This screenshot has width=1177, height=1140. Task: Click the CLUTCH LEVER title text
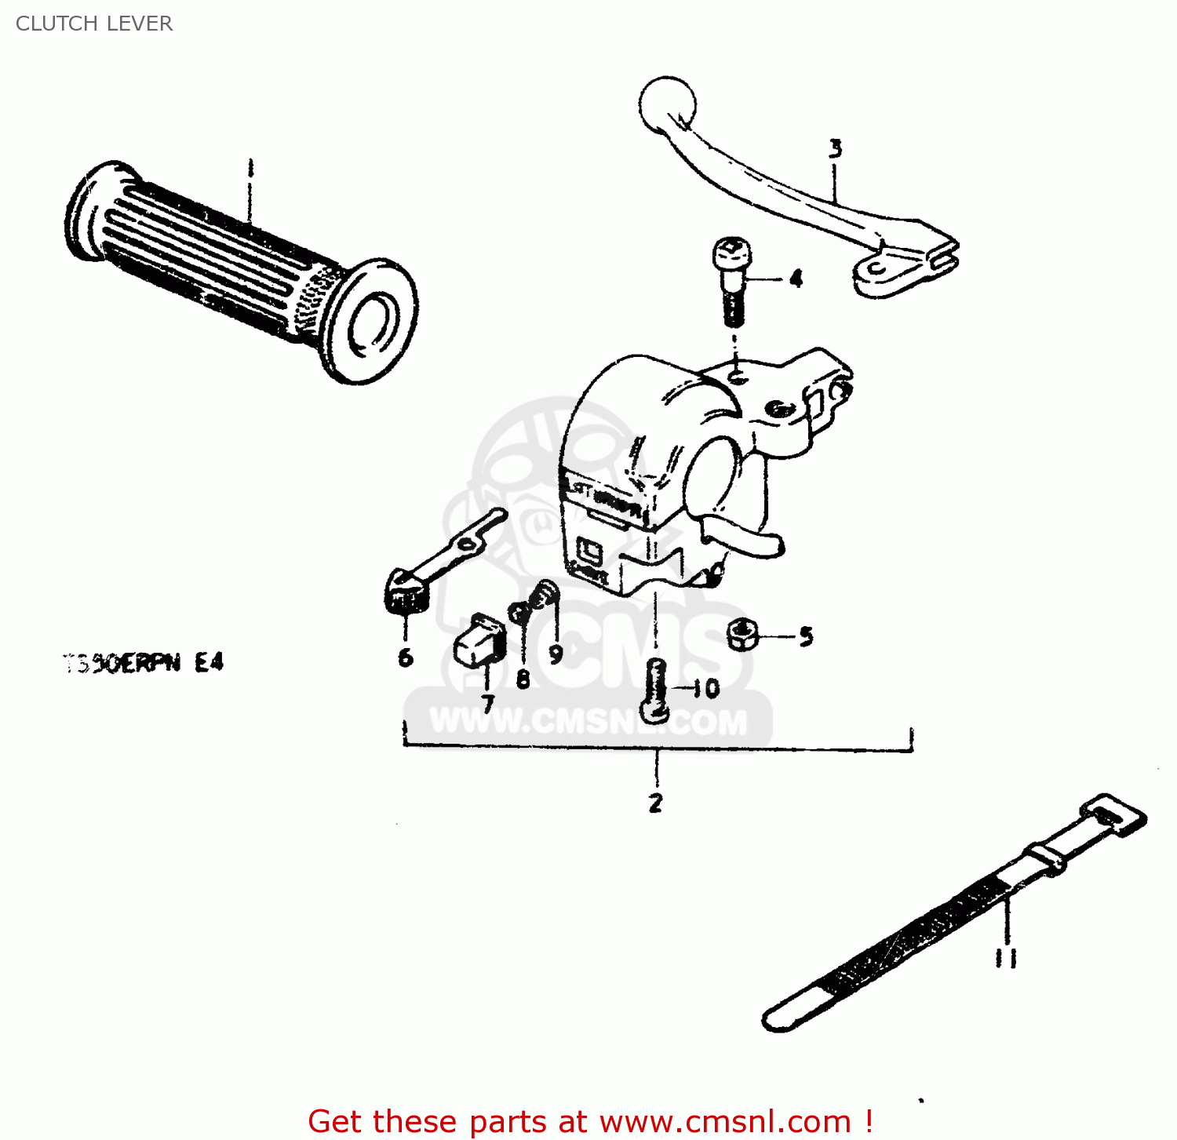coord(93,24)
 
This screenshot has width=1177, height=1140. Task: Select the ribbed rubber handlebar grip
coord(235,267)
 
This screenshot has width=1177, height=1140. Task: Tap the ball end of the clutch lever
coord(667,104)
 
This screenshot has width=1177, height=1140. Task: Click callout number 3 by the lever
coord(836,148)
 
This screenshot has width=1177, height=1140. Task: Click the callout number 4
coord(796,279)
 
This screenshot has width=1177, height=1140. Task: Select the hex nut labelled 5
coord(741,634)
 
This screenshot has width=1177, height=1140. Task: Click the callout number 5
coord(806,636)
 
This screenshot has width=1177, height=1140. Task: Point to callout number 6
coord(405,657)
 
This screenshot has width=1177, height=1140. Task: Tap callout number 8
coord(523,679)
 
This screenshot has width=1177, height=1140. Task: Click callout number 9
coord(556,654)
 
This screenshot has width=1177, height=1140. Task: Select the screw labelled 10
coord(656,690)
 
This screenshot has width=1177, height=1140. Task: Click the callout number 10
coord(706,689)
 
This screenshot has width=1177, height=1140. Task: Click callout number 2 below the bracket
coord(655,803)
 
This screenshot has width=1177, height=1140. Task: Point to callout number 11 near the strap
coord(1006,958)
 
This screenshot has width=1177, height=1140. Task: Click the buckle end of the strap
coord(1113,814)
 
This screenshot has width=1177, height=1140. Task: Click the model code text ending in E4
coord(144,664)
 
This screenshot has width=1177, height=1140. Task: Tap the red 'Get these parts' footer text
coord(590,1121)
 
